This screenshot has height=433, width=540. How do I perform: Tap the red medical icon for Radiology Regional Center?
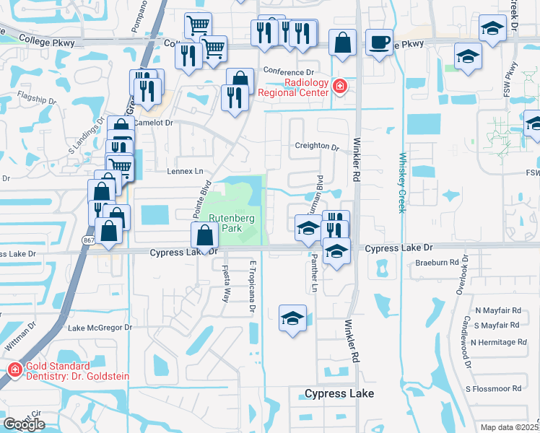point(340,87)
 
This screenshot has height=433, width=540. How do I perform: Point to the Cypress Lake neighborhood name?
point(339,393)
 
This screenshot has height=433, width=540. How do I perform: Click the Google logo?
point(24,424)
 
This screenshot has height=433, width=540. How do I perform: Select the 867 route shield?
point(88,240)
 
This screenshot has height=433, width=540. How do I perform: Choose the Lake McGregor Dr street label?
point(100,328)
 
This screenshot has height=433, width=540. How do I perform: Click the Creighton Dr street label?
point(316,146)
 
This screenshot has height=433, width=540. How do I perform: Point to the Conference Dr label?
point(289,72)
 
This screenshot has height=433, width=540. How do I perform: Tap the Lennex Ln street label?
point(186,172)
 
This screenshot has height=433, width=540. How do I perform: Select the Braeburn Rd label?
point(437,263)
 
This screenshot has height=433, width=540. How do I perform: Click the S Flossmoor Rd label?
point(494,388)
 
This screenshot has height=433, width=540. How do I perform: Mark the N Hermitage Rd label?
point(496,341)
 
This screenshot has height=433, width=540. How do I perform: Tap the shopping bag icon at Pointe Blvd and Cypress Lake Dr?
point(205,234)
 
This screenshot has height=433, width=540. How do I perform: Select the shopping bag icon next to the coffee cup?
point(343,42)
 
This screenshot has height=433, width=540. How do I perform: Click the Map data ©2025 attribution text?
point(510,427)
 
